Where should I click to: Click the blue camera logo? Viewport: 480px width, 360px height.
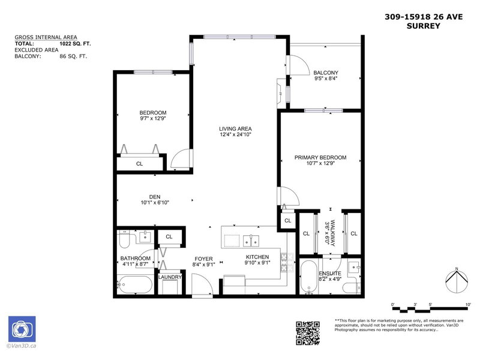coord(22,329)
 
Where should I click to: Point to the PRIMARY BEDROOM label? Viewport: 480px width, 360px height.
coord(320,158)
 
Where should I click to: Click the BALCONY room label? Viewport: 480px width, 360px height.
coord(326,73)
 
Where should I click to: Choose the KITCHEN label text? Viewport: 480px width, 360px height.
coord(257,257)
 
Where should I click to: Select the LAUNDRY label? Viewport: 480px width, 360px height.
coord(169,277)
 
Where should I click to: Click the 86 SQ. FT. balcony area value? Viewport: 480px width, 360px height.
coord(73,56)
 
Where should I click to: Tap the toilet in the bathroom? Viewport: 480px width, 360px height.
coord(125,241)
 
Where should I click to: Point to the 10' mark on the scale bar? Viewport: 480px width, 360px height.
coord(467,305)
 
